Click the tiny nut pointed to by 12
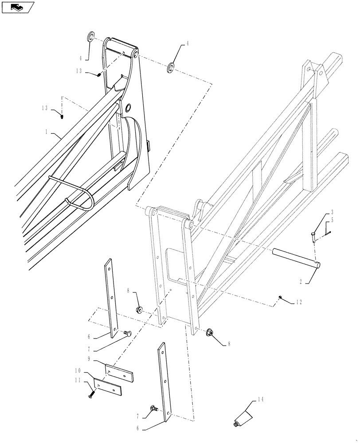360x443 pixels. tap(281, 296)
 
